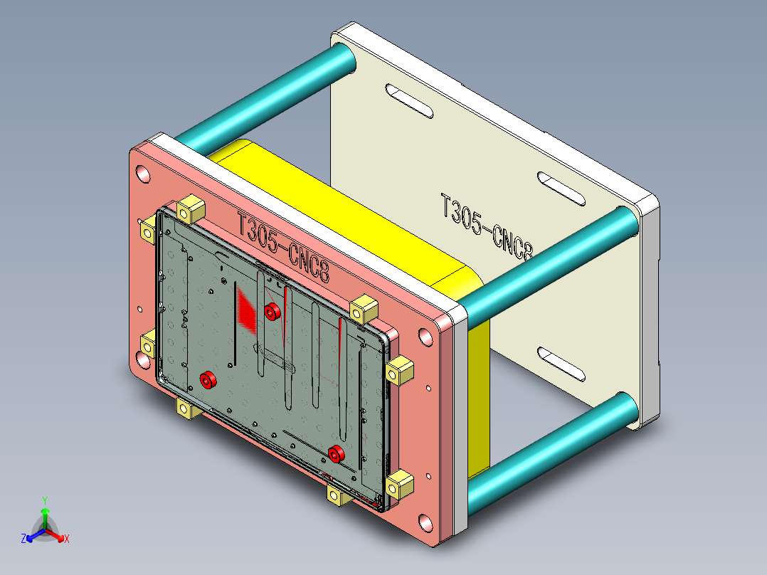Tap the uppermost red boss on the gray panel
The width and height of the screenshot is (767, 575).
coord(271,311)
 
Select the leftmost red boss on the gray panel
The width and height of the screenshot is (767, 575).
coord(207,380)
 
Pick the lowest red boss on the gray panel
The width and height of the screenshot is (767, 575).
coord(337,453)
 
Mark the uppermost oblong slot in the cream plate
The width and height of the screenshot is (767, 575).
coord(409,101)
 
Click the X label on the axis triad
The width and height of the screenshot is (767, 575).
coord(67,539)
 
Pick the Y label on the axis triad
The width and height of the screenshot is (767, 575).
coord(44,501)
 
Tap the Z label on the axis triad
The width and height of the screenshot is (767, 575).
coord(23,539)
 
